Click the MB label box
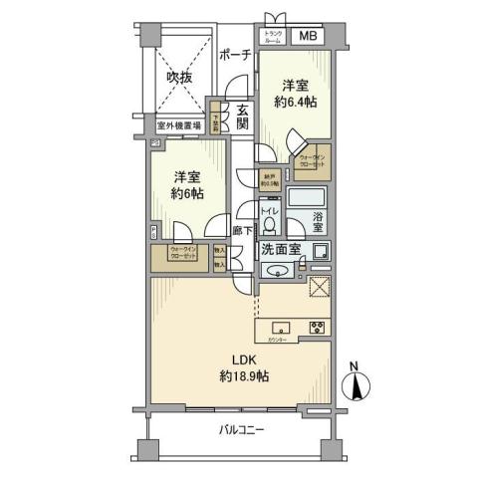309,37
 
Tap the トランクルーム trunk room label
273,37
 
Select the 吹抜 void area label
179,77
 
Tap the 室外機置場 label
178,126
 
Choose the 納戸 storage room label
269,179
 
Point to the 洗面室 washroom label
286,251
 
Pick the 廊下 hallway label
240,230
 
